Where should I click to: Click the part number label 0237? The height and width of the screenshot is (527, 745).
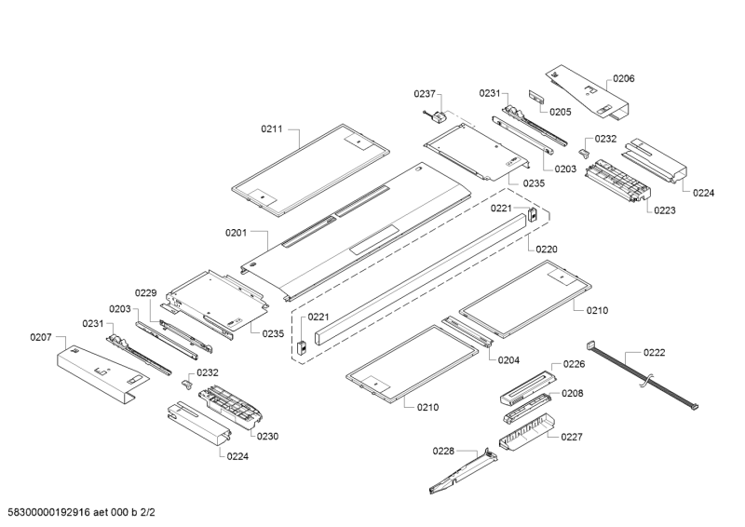click(425, 94)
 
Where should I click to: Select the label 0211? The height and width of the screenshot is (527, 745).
click(272, 128)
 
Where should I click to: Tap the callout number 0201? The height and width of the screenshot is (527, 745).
click(236, 233)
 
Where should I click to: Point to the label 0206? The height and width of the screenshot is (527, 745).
click(623, 78)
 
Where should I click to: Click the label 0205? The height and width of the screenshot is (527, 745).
click(561, 112)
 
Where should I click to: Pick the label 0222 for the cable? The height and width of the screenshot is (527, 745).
click(655, 352)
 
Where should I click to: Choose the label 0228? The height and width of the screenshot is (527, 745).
click(443, 451)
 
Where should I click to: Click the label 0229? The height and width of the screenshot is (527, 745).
click(145, 292)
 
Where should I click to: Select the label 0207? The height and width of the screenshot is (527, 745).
click(41, 337)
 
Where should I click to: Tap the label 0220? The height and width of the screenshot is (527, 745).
click(547, 249)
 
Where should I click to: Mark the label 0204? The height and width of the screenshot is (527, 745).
click(508, 359)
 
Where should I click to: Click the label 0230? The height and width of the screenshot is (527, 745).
click(267, 436)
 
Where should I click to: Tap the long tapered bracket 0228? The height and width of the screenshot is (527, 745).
click(463, 470)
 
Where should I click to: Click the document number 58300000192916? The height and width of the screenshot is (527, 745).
click(49, 512)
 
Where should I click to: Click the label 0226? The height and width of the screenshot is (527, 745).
click(574, 364)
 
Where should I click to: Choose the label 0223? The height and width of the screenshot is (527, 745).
click(665, 210)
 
